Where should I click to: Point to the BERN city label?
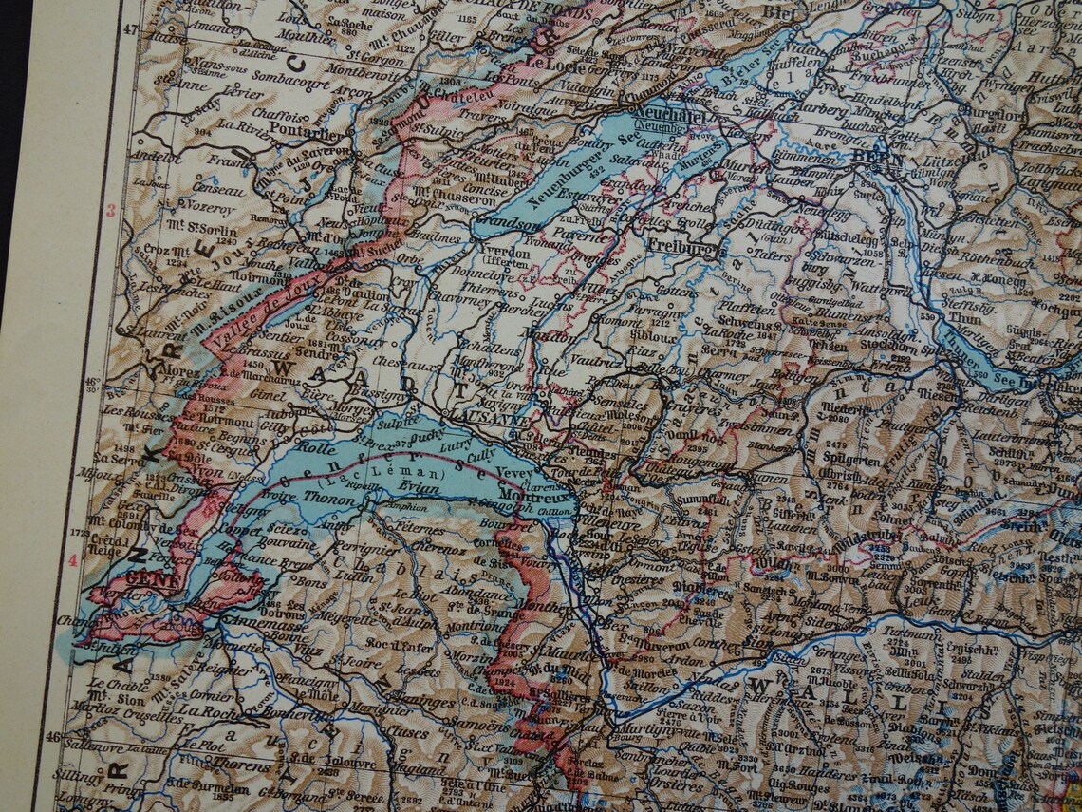point(879,160)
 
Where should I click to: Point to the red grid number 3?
point(110,211)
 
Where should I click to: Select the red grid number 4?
point(73,560)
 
